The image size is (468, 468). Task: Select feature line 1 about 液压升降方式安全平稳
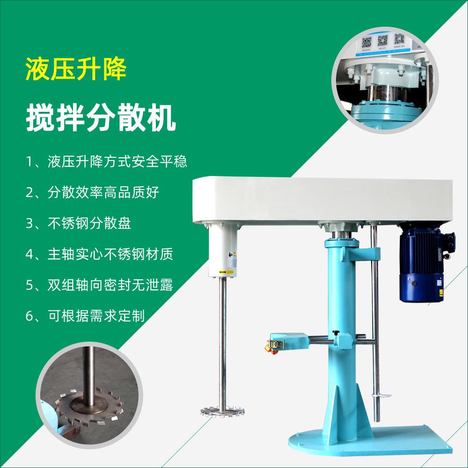(x=106, y=162)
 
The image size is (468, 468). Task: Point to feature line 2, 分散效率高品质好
(x=92, y=192)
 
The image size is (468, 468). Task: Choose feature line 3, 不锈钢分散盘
(x=78, y=223)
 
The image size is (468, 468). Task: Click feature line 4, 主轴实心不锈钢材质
(x=99, y=254)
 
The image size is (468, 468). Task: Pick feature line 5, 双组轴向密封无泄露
(x=99, y=285)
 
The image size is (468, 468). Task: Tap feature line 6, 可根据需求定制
(x=85, y=316)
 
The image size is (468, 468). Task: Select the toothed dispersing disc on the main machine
(x=223, y=412)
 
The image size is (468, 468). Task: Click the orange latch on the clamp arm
(x=271, y=347)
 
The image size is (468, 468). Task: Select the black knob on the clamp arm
(x=336, y=333)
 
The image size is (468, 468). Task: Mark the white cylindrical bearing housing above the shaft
(x=223, y=250)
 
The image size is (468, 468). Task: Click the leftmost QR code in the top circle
(x=367, y=42)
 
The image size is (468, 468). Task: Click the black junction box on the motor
(x=450, y=242)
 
